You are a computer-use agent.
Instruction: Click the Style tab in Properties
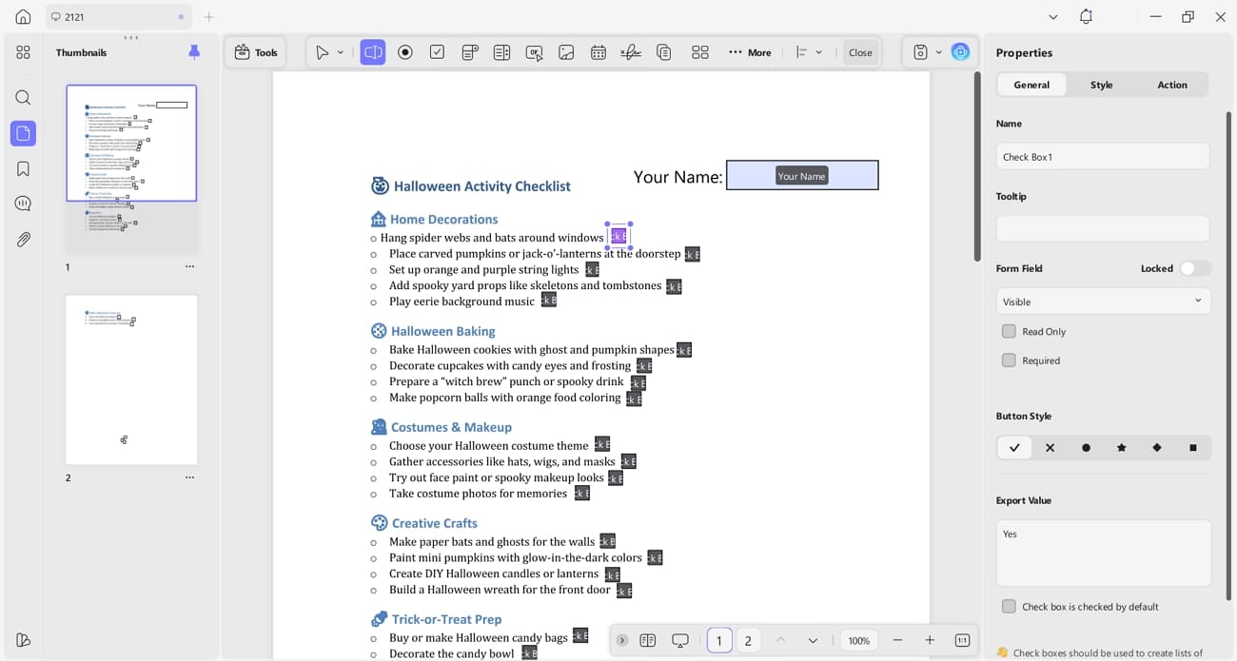pyautogui.click(x=1101, y=85)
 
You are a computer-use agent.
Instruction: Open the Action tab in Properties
pyautogui.click(x=1171, y=85)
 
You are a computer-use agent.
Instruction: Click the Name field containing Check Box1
pyautogui.click(x=1102, y=157)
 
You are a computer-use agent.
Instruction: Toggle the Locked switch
pyautogui.click(x=1193, y=268)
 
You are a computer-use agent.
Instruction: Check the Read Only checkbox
pyautogui.click(x=1009, y=331)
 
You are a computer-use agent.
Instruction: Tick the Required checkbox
pyautogui.click(x=1009, y=360)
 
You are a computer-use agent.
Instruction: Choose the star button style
pyautogui.click(x=1121, y=447)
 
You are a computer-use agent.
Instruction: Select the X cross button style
pyautogui.click(x=1050, y=447)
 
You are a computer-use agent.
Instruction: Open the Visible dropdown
pyautogui.click(x=1102, y=301)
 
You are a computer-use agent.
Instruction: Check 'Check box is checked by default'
pyautogui.click(x=1009, y=606)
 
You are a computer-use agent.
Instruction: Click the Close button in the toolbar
pyautogui.click(x=860, y=52)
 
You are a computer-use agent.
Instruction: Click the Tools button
pyautogui.click(x=256, y=52)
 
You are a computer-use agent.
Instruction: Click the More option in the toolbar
pyautogui.click(x=750, y=52)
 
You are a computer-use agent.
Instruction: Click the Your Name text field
pyautogui.click(x=801, y=175)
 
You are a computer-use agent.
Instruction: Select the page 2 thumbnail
pyautogui.click(x=131, y=379)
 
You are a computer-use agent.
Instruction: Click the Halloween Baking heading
pyautogui.click(x=442, y=331)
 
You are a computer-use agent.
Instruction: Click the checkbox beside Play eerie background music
pyautogui.click(x=548, y=300)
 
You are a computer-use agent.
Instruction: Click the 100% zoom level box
pyautogui.click(x=858, y=640)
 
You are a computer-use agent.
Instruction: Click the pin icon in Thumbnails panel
pyautogui.click(x=194, y=52)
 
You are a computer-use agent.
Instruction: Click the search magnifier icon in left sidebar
pyautogui.click(x=23, y=98)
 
